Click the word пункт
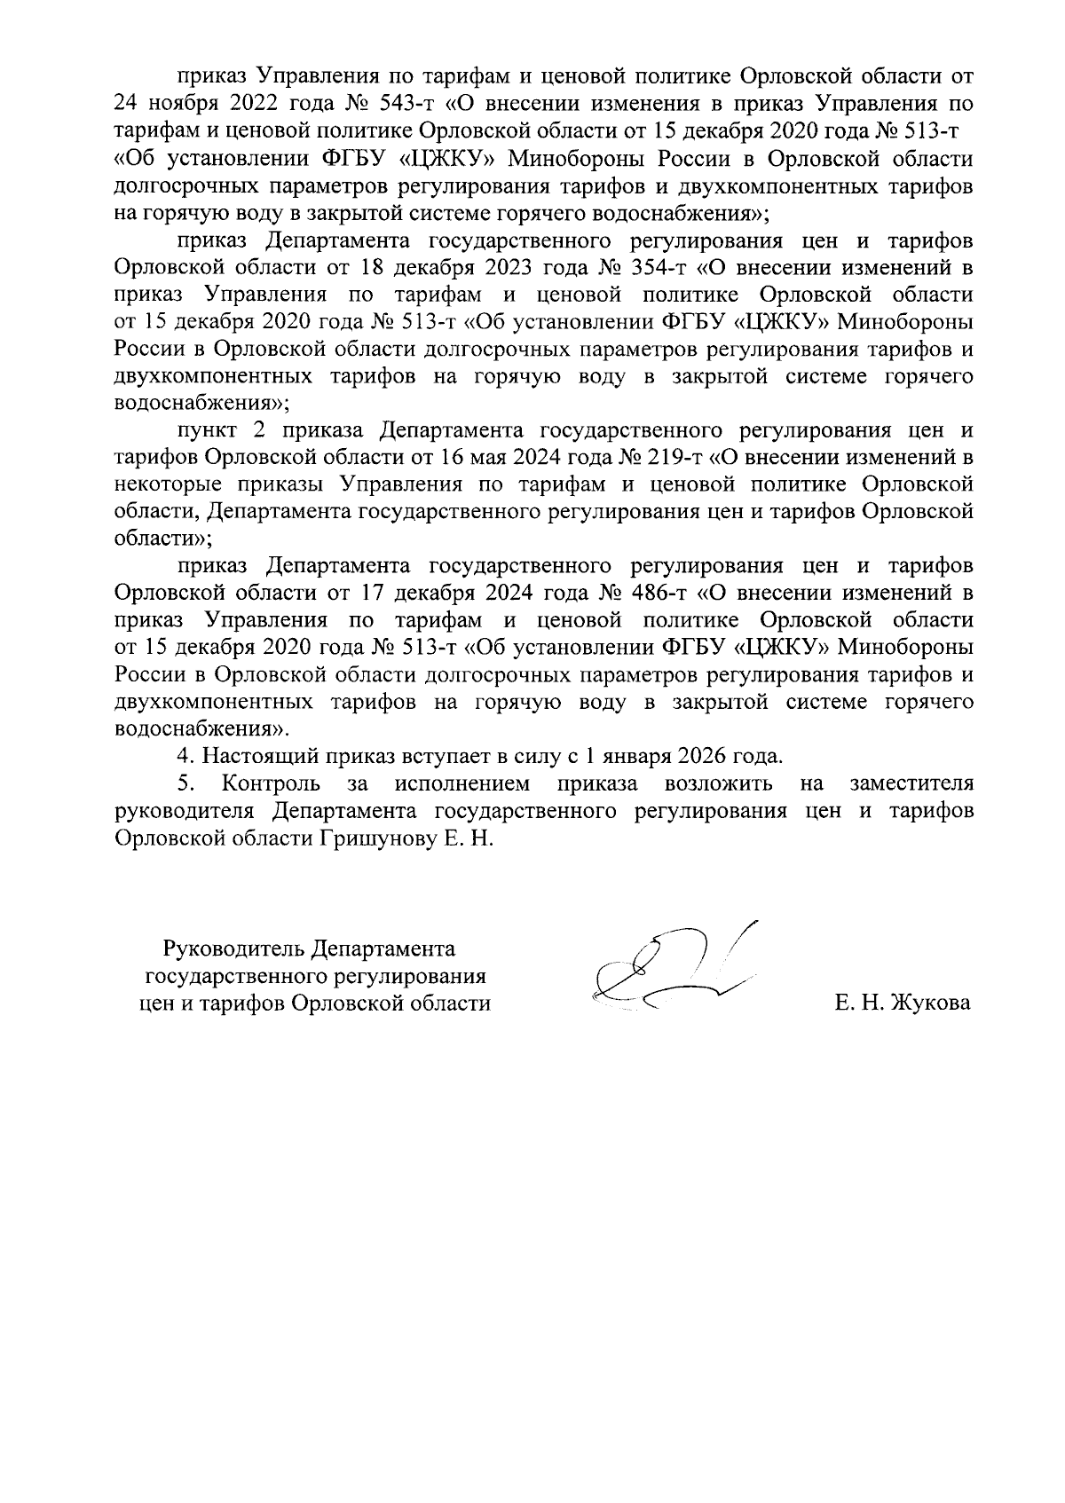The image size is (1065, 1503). point(207,431)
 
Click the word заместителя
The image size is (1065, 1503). point(911,783)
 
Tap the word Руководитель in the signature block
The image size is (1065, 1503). point(234,949)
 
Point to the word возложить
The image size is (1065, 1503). point(718,783)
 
